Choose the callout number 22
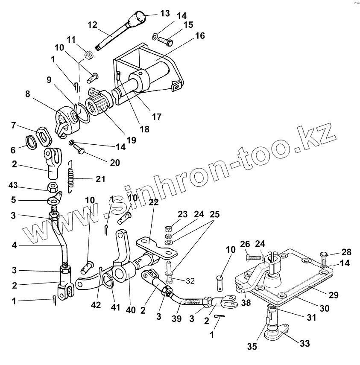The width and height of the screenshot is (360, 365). [x=154, y=203]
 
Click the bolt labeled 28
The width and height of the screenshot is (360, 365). [x=323, y=258]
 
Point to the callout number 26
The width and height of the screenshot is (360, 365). [x=244, y=245]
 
